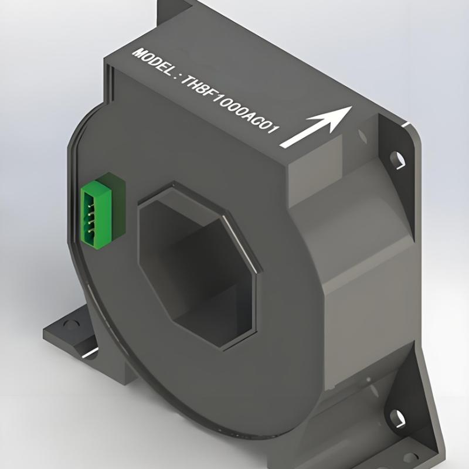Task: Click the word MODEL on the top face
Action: coord(152,60)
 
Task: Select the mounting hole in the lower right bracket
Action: coord(400,418)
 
